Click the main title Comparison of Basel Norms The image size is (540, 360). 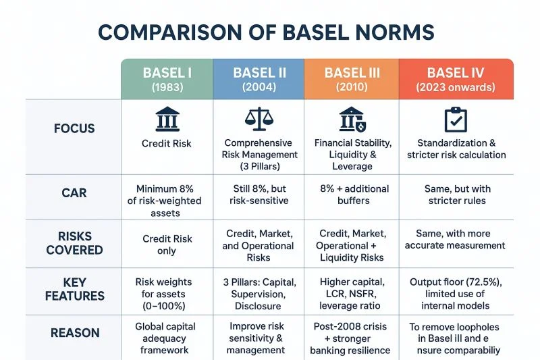tap(266, 32)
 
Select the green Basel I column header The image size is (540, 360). tap(167, 79)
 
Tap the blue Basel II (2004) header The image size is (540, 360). tap(259, 79)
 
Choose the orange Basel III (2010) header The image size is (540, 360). tap(352, 79)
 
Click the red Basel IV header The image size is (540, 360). tap(456, 79)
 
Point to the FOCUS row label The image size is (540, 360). tap(74, 128)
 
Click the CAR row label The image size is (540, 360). tap(74, 192)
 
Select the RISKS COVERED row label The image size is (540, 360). tap(74, 243)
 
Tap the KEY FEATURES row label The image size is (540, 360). tap(75, 289)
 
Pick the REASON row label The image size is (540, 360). tap(75, 333)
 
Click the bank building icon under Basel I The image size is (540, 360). tap(167, 119)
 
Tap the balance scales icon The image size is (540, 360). tap(259, 119)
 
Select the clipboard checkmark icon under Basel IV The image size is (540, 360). tap(456, 120)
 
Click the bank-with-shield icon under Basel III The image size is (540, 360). tap(352, 119)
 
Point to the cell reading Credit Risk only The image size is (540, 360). tap(167, 245)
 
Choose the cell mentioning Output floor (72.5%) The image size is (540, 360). tap(456, 294)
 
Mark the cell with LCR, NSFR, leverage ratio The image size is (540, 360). tap(352, 294)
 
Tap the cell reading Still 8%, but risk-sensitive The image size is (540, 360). tap(259, 195)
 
